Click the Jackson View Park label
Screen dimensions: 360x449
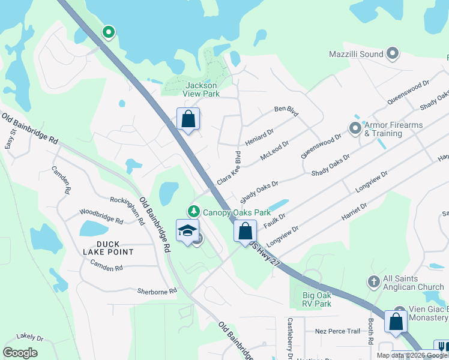coord(201,89)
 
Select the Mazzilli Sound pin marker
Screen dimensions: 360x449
coord(393,54)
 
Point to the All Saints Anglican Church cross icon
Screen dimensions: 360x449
coord(373,282)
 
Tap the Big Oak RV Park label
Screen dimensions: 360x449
coord(317,299)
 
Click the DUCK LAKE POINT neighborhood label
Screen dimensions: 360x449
coord(108,248)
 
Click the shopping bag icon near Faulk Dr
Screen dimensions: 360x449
coord(245,231)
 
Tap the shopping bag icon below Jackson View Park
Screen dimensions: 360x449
coord(188,119)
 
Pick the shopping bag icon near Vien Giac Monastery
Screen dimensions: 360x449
coord(396,322)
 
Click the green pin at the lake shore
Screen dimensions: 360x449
coord(108,32)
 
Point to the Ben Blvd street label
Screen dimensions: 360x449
coord(286,111)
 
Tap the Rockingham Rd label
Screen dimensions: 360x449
coord(127,209)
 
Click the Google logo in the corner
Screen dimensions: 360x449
coord(20,353)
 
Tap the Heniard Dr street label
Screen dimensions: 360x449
coord(259,137)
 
